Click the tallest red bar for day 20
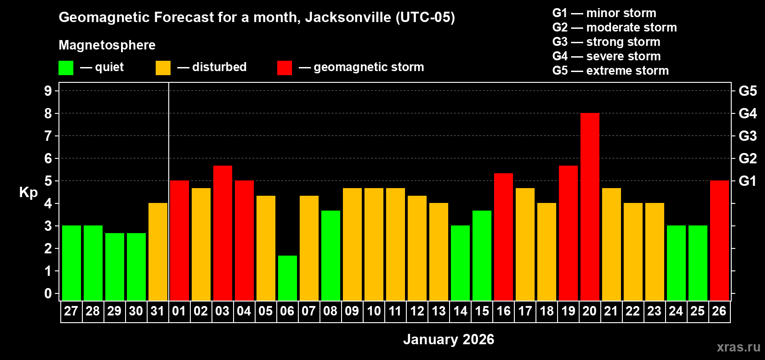(x=589, y=207)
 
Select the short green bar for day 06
(x=287, y=278)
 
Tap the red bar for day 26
(x=719, y=241)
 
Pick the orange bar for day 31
(x=157, y=252)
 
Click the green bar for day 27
(x=71, y=263)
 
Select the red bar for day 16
(x=503, y=237)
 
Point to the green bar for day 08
(x=330, y=256)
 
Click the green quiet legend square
(x=66, y=68)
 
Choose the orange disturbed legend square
(x=163, y=68)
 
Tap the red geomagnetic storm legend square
(x=284, y=68)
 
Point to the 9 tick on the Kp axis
(x=48, y=91)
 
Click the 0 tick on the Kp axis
(x=48, y=293)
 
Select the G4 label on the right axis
(x=747, y=113)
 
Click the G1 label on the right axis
(x=747, y=181)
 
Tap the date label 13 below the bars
(x=438, y=311)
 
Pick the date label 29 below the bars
(x=114, y=311)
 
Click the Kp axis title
(x=28, y=193)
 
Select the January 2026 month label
(x=448, y=339)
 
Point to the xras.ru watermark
(x=738, y=347)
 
